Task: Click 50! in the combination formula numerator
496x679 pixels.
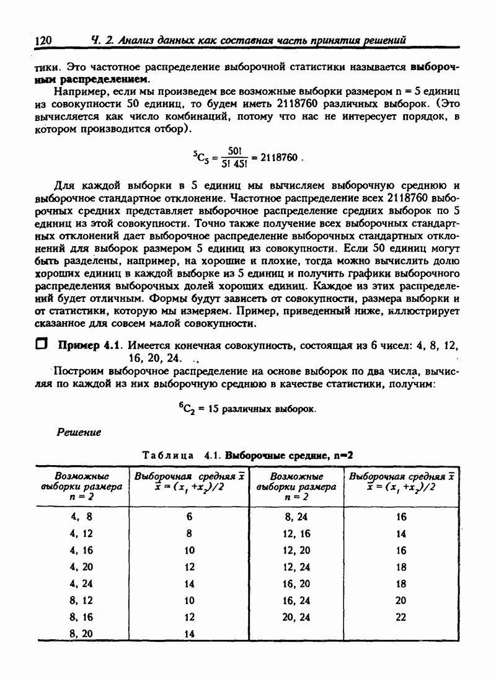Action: click(234, 151)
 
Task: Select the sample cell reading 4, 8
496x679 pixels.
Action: click(81, 516)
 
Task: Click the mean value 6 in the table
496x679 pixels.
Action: click(189, 516)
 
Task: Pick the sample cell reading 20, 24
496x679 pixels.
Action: click(296, 617)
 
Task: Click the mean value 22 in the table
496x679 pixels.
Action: click(401, 617)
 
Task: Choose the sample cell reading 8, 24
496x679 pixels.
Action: click(296, 516)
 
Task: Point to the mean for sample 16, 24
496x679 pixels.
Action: click(401, 600)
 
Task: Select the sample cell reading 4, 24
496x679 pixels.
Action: click(81, 584)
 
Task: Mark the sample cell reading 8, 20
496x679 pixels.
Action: click(81, 634)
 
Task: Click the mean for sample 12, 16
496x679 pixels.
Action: click(401, 533)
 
